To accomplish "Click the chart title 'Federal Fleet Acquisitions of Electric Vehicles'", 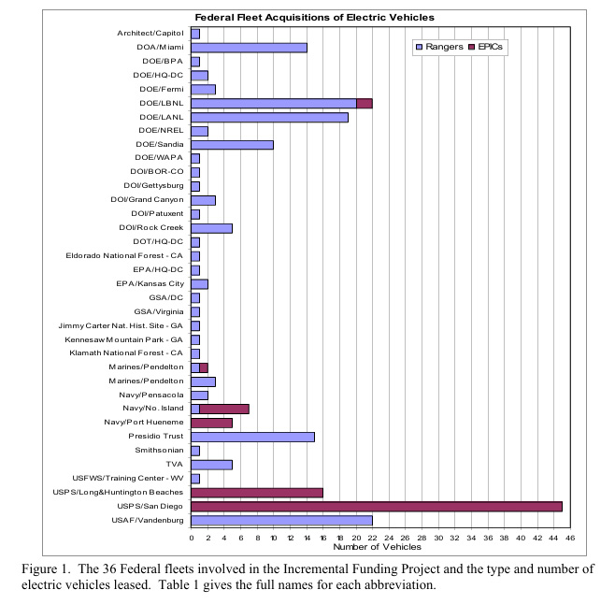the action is click(315, 18).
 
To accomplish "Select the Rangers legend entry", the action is click(439, 47).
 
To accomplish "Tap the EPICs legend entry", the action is click(486, 47).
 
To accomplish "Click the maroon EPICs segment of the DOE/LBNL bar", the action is click(365, 104).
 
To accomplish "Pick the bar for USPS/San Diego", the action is click(377, 506).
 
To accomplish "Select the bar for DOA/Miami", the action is click(249, 48).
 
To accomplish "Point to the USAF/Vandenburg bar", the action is click(281, 521).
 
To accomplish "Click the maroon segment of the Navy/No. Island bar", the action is click(224, 409).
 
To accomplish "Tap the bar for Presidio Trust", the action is click(253, 437).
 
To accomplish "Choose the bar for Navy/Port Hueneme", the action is click(212, 423).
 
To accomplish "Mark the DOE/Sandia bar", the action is click(232, 145).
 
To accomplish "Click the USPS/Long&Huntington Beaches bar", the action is click(257, 493).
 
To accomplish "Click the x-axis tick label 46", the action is click(570, 538).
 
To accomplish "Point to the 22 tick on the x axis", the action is click(372, 538).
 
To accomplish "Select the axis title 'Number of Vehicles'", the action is click(377, 547).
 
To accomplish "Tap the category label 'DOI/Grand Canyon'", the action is click(147, 200).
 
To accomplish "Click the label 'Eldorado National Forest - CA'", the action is click(124, 256).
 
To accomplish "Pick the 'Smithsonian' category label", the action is click(159, 450).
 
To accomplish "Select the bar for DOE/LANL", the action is click(269, 118).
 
